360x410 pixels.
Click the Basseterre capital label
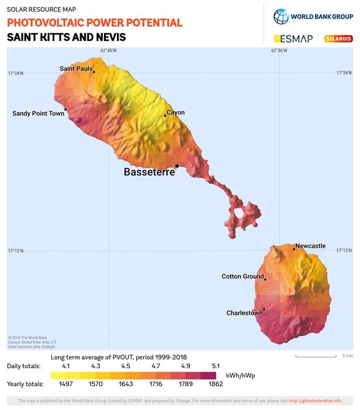pos(149,172)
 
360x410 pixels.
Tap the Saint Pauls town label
pos(76,68)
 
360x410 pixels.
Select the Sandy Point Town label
pos(38,114)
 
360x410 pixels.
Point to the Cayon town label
pos(176,113)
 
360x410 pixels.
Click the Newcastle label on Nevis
pos(311,246)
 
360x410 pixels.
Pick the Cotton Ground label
pos(243,277)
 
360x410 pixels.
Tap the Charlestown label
pos(244,313)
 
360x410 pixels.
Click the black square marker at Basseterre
pos(177,166)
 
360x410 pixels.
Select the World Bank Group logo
pos(312,16)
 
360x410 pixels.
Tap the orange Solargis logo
pos(338,38)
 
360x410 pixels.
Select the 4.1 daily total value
pos(66,366)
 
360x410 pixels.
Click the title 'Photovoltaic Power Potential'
pos(94,23)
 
